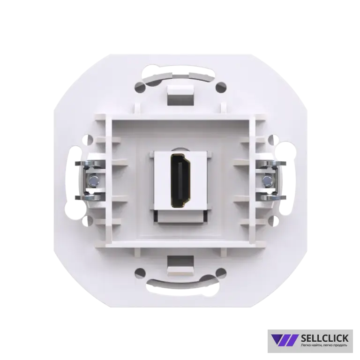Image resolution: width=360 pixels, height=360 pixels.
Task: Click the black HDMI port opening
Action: pyautogui.click(x=180, y=180)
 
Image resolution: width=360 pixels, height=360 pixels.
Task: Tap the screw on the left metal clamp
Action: pyautogui.click(x=93, y=180)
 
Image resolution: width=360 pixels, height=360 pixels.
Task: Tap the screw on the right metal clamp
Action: pyautogui.click(x=268, y=180)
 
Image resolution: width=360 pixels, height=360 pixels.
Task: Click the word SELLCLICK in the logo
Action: pyautogui.click(x=325, y=338)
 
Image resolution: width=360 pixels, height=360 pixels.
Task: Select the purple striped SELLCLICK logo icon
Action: pyautogui.click(x=285, y=340)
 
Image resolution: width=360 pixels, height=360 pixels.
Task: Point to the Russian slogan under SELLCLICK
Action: pyautogui.click(x=324, y=345)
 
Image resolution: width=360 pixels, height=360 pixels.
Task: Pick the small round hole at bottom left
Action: pyautogui.click(x=140, y=273)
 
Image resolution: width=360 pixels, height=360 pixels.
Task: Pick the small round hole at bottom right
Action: pyautogui.click(x=221, y=273)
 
